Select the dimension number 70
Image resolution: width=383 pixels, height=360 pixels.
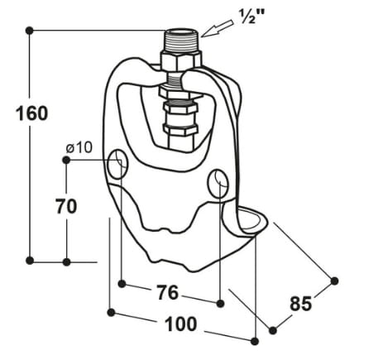coord(67,206)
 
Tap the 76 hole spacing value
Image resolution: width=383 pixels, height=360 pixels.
coord(169,294)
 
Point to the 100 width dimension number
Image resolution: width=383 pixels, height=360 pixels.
coord(181,325)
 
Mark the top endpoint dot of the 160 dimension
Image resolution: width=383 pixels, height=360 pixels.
coord(30,30)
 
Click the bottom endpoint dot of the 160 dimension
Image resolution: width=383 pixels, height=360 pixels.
coord(30,262)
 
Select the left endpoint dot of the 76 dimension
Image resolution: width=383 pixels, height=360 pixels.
coord(122,284)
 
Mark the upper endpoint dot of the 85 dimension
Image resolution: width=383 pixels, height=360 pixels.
coord(335,281)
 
